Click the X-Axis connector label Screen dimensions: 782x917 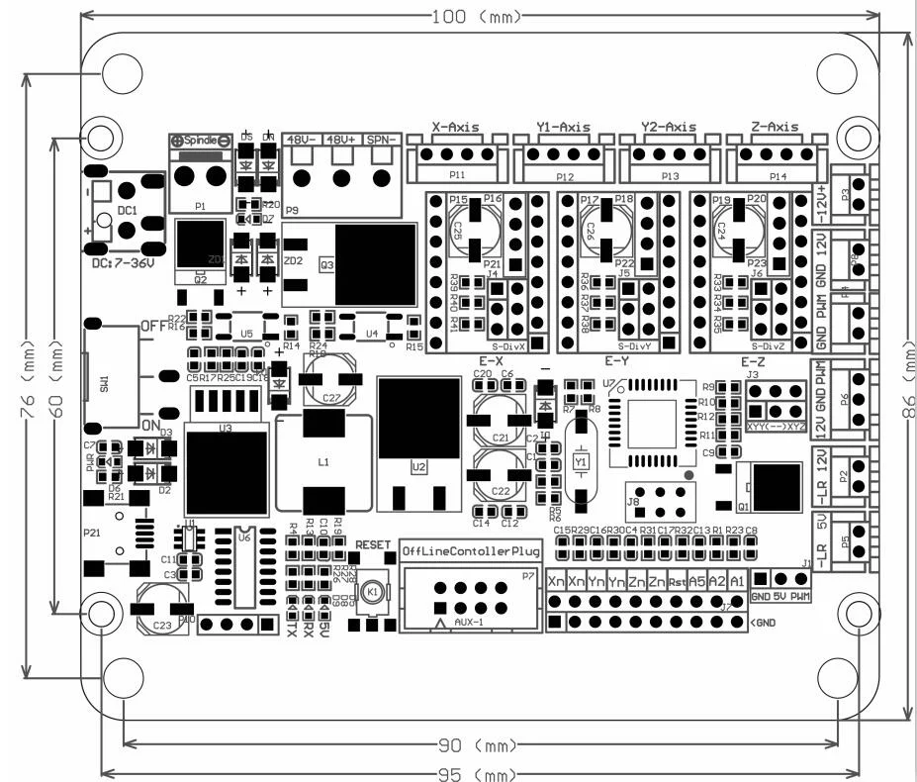click(456, 128)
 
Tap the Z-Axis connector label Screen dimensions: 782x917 click(775, 128)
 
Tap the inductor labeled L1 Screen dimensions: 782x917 click(323, 462)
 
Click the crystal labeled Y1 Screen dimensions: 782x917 click(581, 461)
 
